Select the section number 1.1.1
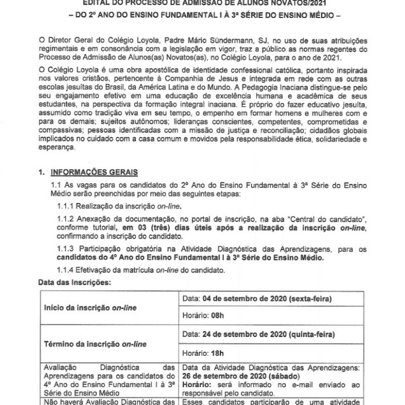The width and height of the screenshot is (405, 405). [x=68, y=206]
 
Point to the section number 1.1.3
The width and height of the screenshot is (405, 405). [x=68, y=248]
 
